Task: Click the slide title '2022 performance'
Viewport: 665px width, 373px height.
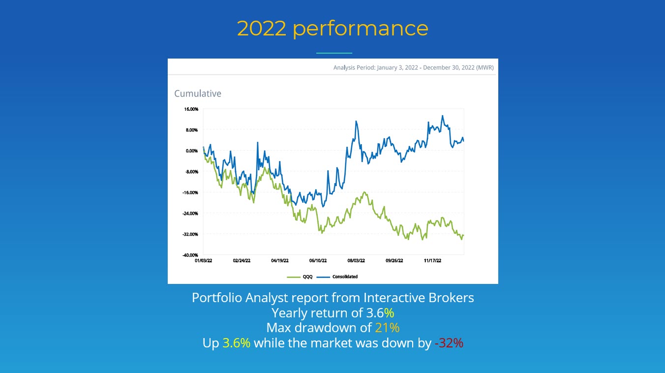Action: pos(332,29)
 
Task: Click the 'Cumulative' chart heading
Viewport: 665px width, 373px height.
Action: pos(198,93)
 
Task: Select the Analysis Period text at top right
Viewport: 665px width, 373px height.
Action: pos(413,67)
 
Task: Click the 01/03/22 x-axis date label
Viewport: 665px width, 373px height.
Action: pos(203,261)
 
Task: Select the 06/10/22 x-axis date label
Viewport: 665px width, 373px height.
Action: pos(318,261)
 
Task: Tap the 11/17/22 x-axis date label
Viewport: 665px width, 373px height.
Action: pos(433,261)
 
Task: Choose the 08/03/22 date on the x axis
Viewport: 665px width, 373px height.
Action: pos(356,261)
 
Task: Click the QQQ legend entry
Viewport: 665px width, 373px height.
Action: pos(305,277)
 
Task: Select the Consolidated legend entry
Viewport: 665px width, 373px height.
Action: pos(344,277)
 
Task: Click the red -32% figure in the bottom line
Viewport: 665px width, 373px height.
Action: pos(449,343)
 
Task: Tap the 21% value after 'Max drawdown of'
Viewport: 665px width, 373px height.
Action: pos(387,328)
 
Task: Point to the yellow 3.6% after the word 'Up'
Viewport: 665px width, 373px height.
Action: pos(237,343)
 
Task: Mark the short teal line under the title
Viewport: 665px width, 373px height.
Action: pos(334,53)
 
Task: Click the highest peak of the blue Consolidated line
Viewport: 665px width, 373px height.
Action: pos(443,116)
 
